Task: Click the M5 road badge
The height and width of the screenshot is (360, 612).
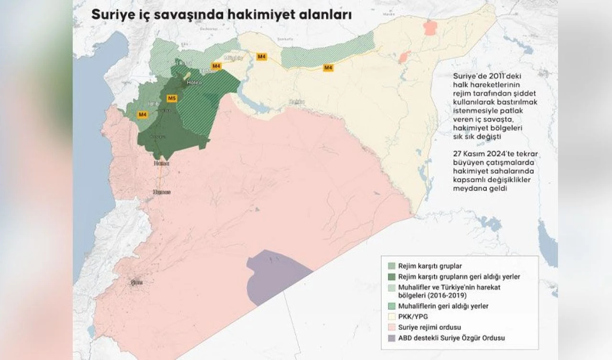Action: [x=172, y=98]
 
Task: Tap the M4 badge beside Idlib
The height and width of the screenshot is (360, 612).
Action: [x=142, y=114]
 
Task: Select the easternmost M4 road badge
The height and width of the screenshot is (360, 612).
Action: [x=328, y=68]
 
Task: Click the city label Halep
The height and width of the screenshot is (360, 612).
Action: [x=194, y=83]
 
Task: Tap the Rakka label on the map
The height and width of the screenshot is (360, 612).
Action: [x=296, y=101]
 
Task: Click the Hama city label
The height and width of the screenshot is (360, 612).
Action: [x=161, y=164]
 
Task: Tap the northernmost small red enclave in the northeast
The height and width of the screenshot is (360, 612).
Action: [x=431, y=27]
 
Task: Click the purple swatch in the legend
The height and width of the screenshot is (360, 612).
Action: [x=392, y=338]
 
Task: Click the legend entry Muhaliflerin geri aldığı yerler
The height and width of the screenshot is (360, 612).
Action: [x=443, y=306]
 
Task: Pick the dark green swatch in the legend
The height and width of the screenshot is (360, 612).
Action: [x=392, y=276]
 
